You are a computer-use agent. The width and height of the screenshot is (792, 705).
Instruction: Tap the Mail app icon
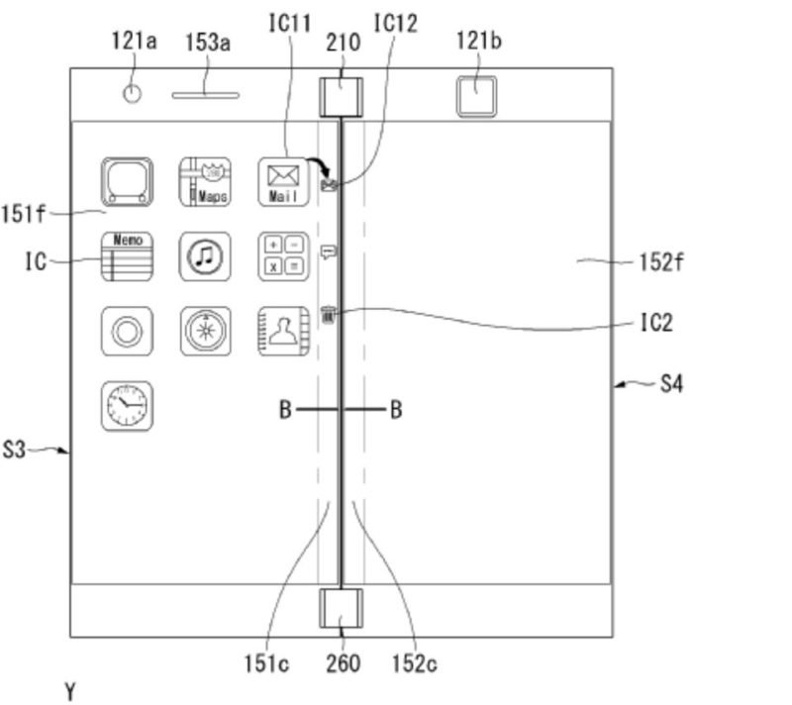(x=283, y=182)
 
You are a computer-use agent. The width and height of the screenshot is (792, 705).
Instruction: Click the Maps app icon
(x=205, y=182)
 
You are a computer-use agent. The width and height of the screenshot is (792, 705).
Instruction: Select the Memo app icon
(x=127, y=256)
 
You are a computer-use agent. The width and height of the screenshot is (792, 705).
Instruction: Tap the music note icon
(x=205, y=256)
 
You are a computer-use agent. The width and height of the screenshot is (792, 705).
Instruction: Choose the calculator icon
(x=283, y=256)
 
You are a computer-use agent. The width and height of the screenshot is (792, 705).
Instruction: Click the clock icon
(x=127, y=405)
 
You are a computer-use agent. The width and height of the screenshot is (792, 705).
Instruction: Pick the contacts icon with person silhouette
(x=283, y=331)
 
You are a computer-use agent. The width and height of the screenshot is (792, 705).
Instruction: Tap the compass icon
(x=205, y=331)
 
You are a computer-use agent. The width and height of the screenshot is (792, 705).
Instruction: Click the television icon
(x=127, y=182)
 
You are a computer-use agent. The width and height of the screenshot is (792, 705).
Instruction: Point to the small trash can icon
(x=330, y=316)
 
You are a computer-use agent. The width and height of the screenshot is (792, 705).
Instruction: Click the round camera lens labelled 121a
(x=132, y=94)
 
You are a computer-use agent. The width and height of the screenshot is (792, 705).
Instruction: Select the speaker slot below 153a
(x=206, y=96)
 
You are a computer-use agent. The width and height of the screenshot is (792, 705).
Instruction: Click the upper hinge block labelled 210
(x=341, y=96)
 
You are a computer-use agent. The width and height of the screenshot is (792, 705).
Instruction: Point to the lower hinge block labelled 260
(x=341, y=608)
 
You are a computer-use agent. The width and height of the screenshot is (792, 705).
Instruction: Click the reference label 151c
(x=266, y=663)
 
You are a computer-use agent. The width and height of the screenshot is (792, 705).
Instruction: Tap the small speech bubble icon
(x=330, y=252)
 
